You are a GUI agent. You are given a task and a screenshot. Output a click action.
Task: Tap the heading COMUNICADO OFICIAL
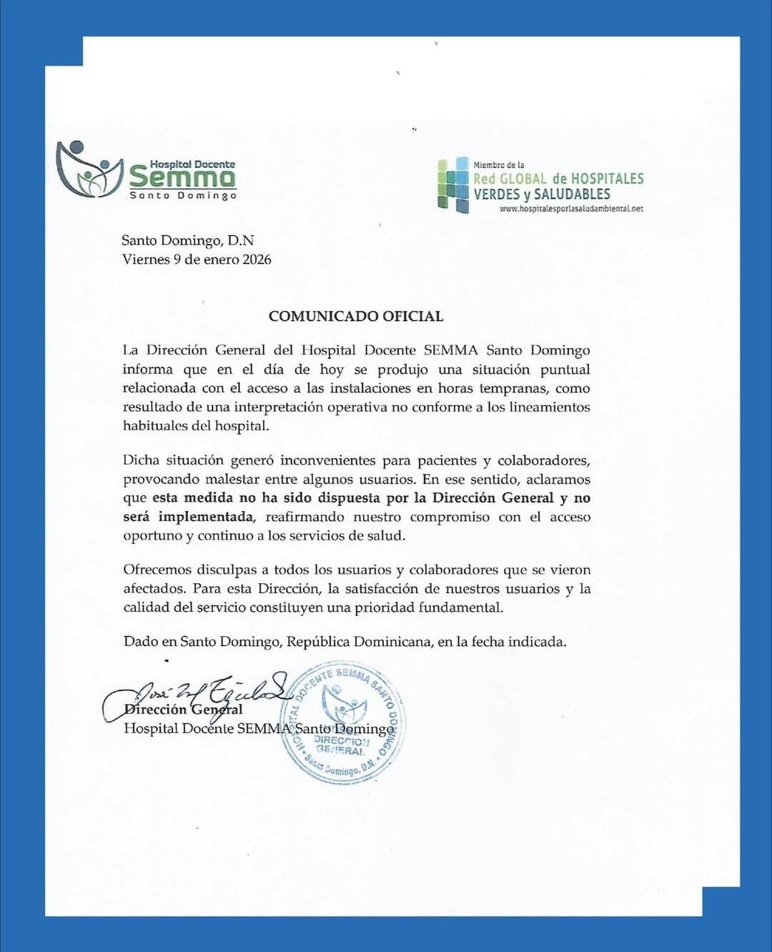356,316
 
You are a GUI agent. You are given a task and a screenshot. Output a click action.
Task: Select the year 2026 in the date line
257,259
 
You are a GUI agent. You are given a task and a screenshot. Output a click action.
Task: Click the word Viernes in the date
146,259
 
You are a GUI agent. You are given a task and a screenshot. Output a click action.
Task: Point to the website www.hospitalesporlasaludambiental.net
571,209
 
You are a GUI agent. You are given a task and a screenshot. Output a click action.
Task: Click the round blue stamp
344,722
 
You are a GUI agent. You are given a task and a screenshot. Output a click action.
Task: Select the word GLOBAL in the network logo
523,179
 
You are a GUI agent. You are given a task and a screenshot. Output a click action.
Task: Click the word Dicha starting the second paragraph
141,460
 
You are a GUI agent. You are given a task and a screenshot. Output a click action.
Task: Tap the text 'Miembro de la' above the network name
499,165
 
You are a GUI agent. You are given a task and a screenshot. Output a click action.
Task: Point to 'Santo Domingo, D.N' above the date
187,241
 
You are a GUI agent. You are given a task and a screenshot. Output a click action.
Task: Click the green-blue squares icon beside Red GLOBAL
453,185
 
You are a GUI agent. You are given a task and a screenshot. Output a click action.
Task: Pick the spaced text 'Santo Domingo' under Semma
182,196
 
